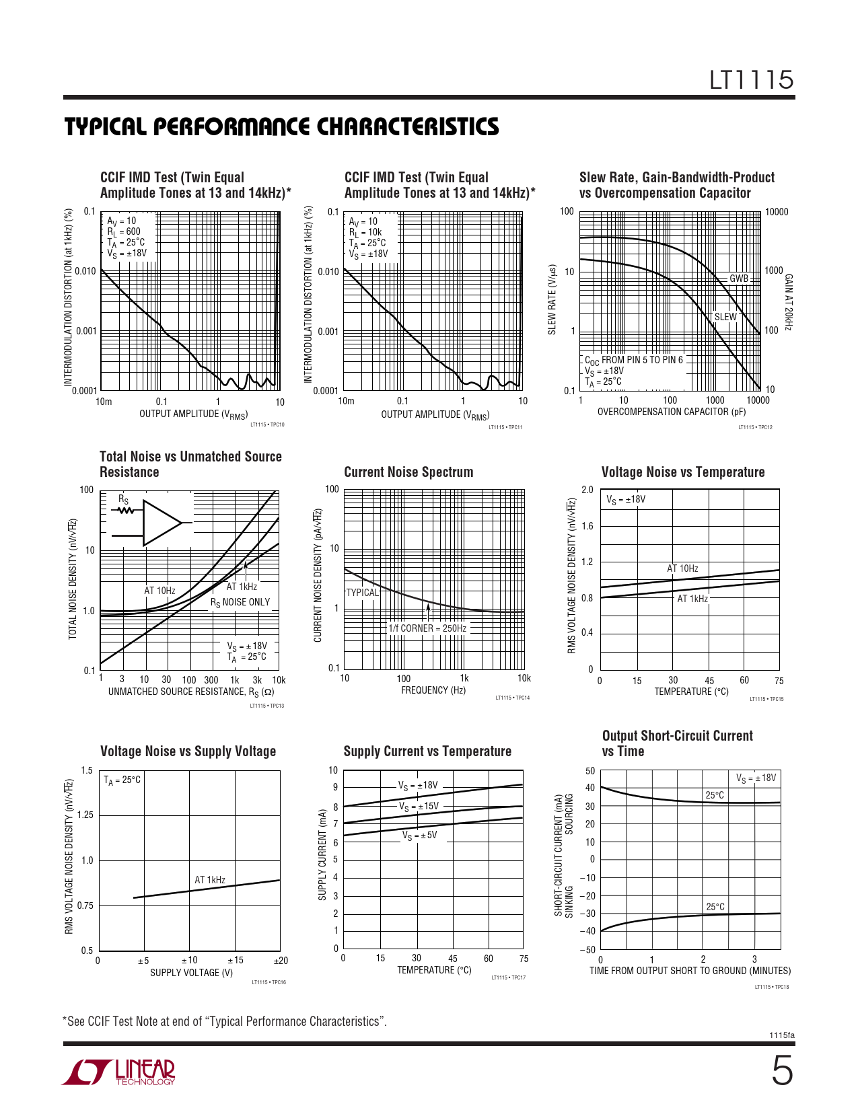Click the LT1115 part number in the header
(752, 80)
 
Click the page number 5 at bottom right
(781, 1071)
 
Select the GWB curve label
(739, 279)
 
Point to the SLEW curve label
(725, 317)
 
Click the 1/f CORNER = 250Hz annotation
(427, 628)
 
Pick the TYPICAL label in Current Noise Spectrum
(363, 593)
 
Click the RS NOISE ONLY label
(240, 603)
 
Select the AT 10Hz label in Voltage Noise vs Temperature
(682, 568)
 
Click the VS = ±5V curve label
(420, 836)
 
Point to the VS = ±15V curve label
(419, 806)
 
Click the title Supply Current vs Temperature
(427, 751)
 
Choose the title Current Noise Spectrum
(408, 472)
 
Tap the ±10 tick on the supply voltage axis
(190, 961)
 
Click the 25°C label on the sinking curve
(715, 907)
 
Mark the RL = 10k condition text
(365, 232)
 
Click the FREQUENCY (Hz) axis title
(433, 690)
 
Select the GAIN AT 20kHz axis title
(789, 302)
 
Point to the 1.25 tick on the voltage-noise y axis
(85, 815)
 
